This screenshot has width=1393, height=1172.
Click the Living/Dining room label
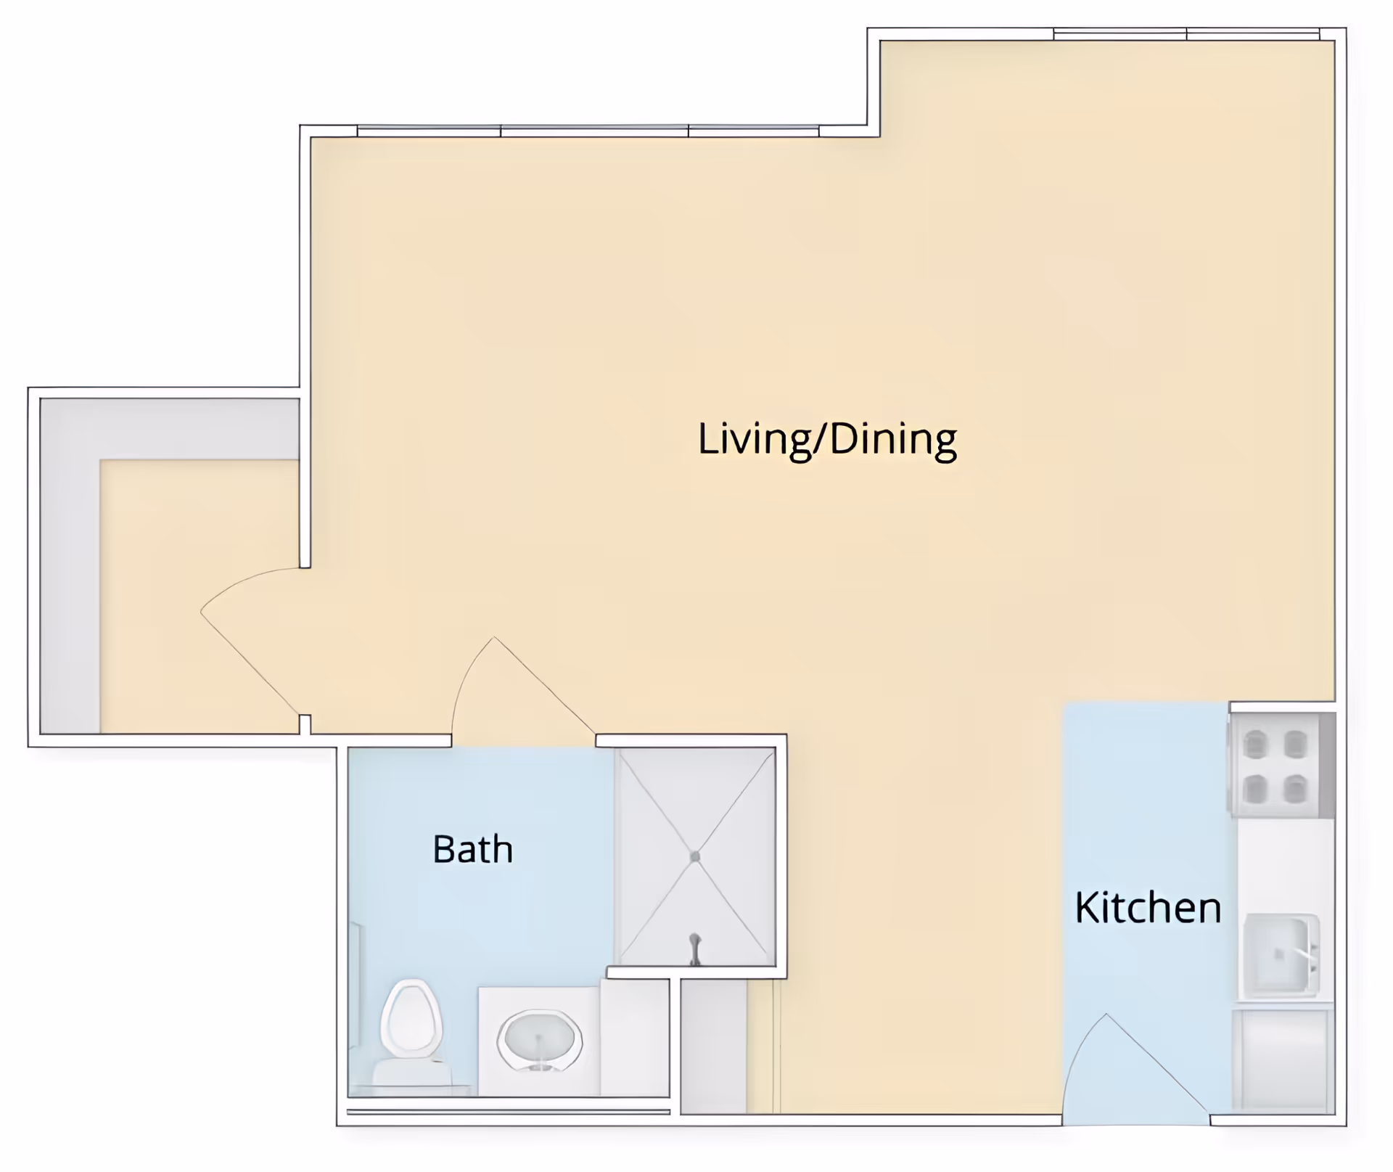click(x=827, y=439)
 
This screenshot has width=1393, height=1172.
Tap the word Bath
click(x=472, y=849)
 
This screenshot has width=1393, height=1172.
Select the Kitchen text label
click(x=1148, y=907)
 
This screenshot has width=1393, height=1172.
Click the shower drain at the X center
click(x=695, y=857)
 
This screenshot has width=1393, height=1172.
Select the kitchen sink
click(x=1281, y=954)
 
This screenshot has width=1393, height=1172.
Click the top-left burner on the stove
click(x=1255, y=744)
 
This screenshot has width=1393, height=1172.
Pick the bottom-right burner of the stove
click(x=1295, y=789)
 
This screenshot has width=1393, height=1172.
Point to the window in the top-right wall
click(x=1186, y=34)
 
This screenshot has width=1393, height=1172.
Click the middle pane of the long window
click(x=594, y=131)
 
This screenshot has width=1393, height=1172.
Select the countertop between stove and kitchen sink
click(x=1285, y=864)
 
